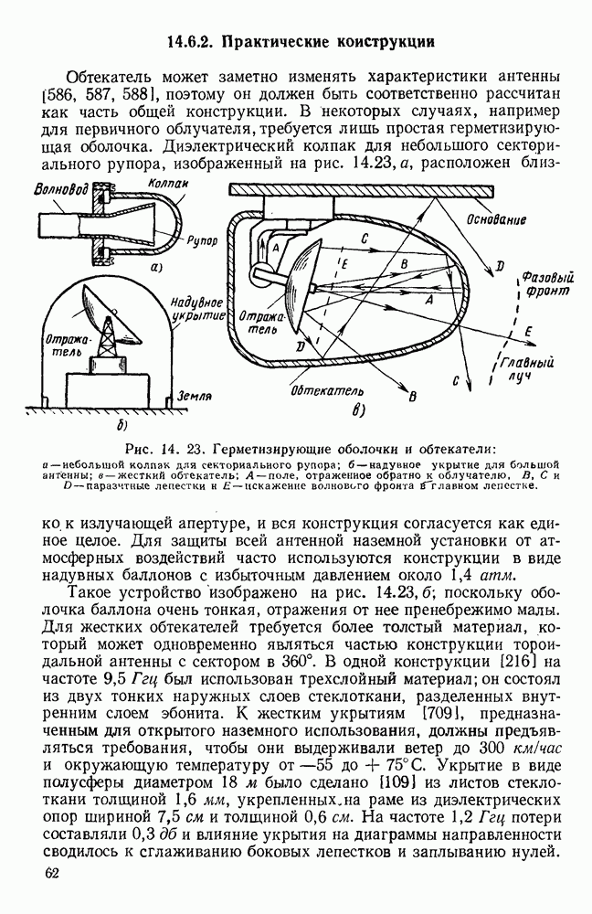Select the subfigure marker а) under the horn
point(156,268)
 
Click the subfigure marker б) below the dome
point(121,427)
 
